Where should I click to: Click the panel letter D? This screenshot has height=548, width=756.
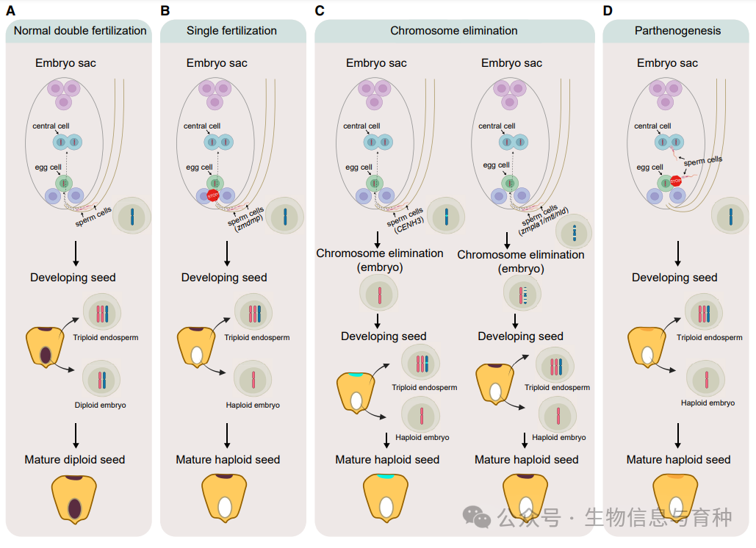click(x=608, y=10)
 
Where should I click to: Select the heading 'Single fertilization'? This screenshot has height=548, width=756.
click(x=231, y=31)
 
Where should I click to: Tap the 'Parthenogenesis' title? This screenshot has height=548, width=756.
click(x=677, y=31)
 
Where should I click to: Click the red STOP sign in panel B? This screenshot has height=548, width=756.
click(x=212, y=195)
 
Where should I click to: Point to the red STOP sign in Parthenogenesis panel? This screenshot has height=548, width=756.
click(x=675, y=181)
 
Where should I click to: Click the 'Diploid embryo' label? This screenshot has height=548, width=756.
click(x=100, y=405)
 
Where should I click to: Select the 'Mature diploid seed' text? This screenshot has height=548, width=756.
click(x=75, y=460)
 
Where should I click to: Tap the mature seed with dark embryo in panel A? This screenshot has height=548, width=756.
click(x=73, y=499)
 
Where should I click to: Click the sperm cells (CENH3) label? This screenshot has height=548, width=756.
click(x=406, y=220)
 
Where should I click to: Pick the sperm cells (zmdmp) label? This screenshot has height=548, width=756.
click(x=246, y=220)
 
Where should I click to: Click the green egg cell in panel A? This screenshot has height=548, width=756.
click(x=64, y=183)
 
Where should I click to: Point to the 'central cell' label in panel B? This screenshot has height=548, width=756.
click(x=202, y=126)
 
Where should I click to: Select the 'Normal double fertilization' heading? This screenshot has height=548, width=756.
click(x=80, y=31)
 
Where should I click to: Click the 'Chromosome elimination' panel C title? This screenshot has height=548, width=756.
click(x=454, y=31)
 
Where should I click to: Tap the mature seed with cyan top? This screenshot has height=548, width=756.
click(x=386, y=498)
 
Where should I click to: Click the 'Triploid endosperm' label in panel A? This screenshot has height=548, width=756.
click(x=106, y=337)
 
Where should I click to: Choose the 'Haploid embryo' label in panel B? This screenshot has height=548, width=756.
click(x=253, y=405)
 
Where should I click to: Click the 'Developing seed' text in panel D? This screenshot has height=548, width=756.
click(x=674, y=278)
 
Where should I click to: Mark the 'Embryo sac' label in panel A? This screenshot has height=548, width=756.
click(x=65, y=63)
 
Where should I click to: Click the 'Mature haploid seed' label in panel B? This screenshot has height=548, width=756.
click(x=228, y=460)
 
